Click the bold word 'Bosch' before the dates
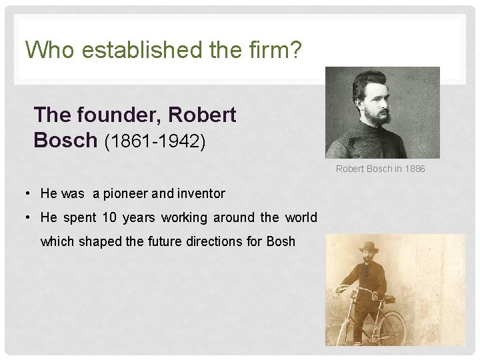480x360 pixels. pyautogui.click(x=65, y=140)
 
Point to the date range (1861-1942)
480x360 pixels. pyautogui.click(x=160, y=141)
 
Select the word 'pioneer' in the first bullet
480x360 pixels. pyautogui.click(x=125, y=194)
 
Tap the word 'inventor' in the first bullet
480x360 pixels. pyautogui.click(x=199, y=194)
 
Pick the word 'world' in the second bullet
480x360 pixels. pyautogui.click(x=301, y=218)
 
